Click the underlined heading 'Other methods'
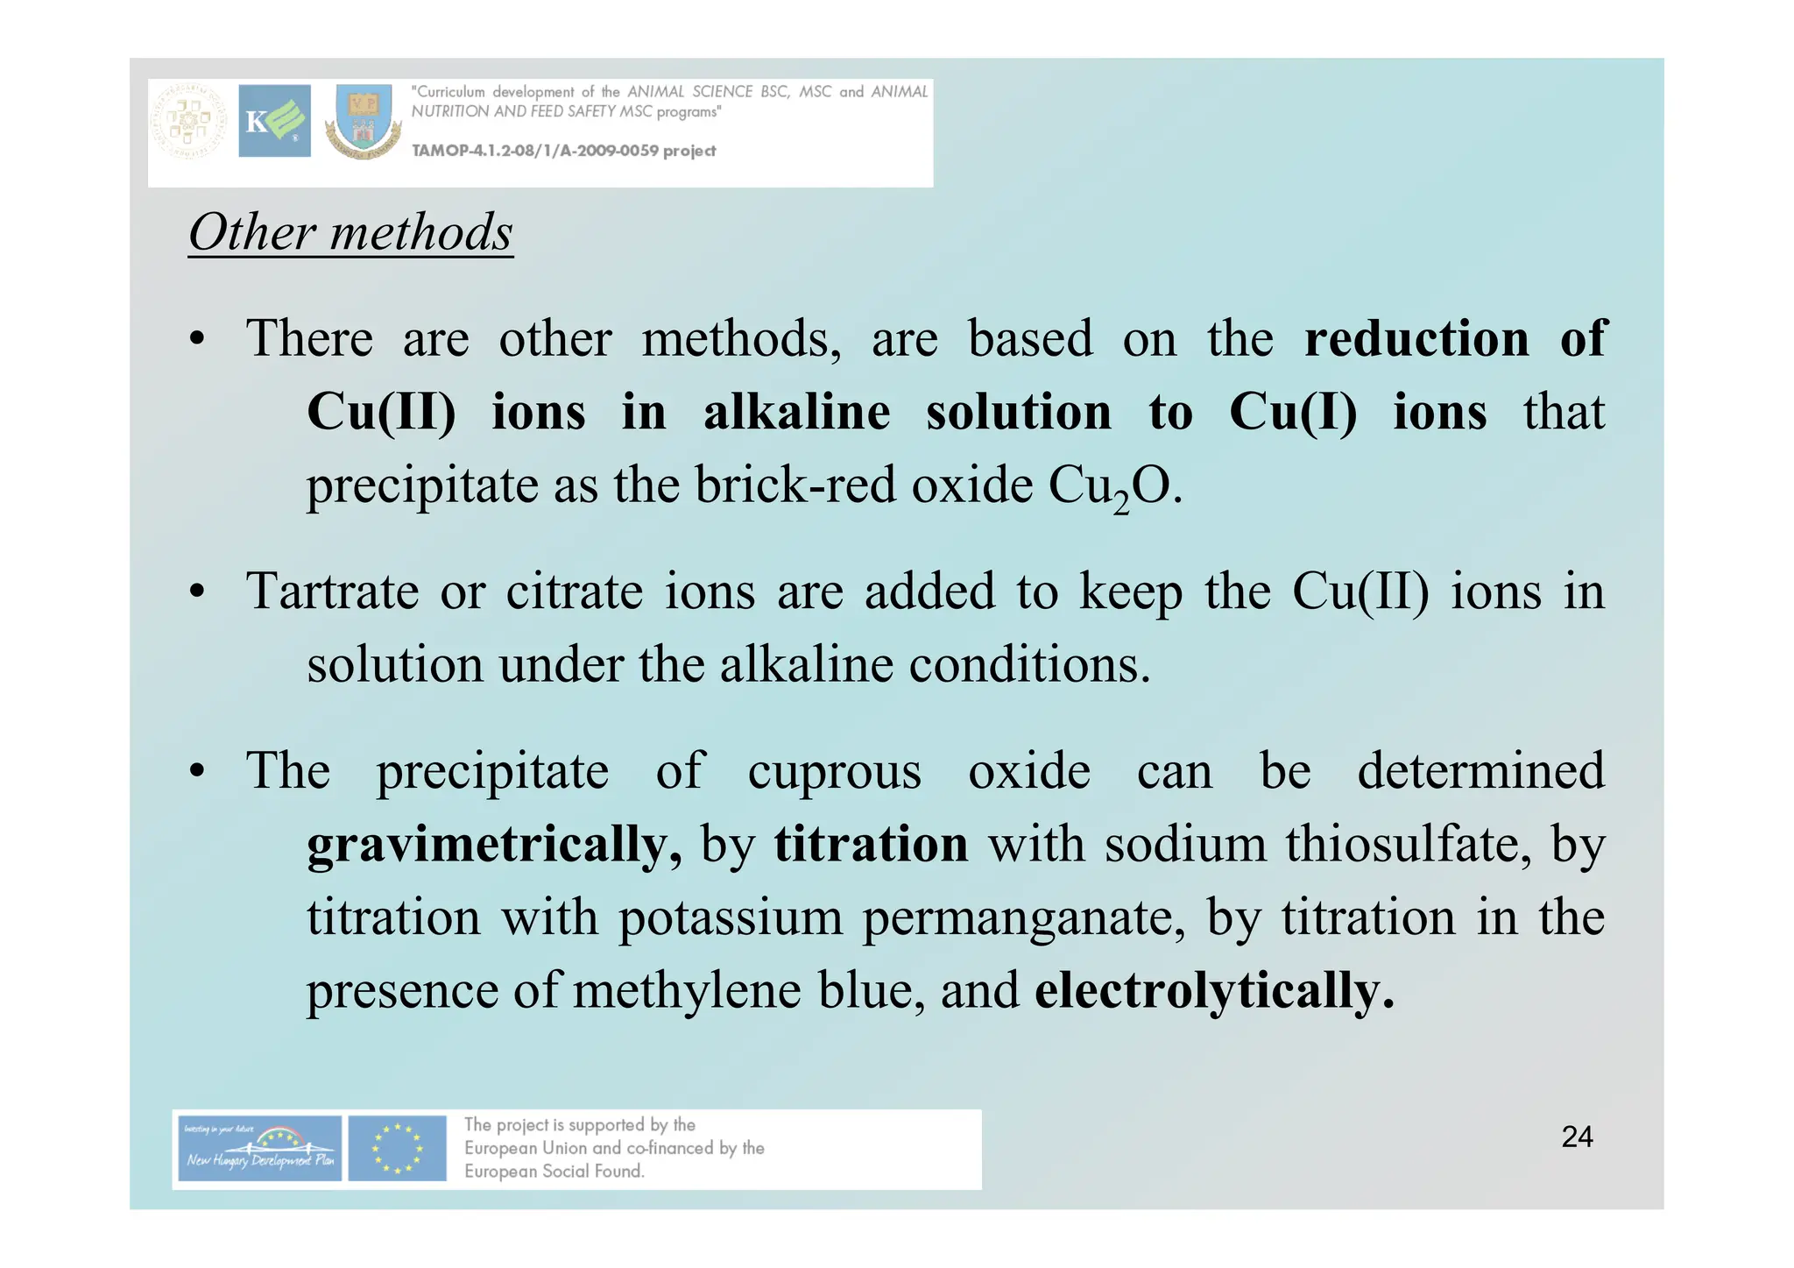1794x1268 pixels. [350, 233]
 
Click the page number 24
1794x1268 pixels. [1577, 1137]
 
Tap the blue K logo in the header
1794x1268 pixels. [274, 121]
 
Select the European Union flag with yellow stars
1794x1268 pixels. [397, 1148]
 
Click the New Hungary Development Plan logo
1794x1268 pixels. [259, 1148]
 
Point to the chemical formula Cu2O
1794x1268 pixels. [1113, 486]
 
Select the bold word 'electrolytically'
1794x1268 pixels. [1212, 991]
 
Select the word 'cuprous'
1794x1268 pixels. [834, 773]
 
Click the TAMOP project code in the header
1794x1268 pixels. [563, 151]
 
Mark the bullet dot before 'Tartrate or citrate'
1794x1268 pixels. [198, 593]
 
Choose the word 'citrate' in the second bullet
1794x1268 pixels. [575, 591]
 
